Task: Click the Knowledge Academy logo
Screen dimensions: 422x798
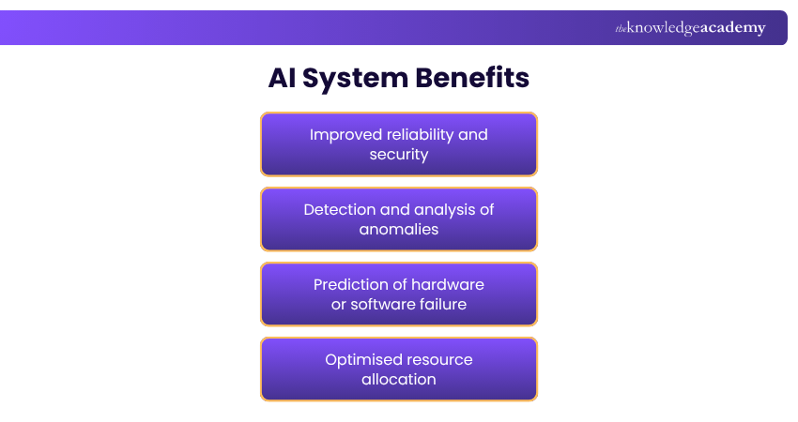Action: pos(690,28)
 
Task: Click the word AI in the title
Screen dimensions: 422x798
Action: pos(284,78)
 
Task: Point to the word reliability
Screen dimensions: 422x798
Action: pos(422,134)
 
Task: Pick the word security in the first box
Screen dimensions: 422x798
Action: pos(399,155)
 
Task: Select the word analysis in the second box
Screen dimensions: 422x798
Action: pos(444,209)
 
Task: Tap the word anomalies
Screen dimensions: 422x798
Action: pos(399,230)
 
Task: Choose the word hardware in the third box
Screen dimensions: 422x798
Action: pos(449,284)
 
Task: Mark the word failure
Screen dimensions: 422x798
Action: pos(442,305)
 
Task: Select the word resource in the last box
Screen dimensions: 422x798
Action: pos(440,359)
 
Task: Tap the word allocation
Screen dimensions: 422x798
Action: pos(399,380)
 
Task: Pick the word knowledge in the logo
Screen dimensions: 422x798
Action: pos(663,28)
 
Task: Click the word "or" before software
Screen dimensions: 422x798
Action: pos(339,305)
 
